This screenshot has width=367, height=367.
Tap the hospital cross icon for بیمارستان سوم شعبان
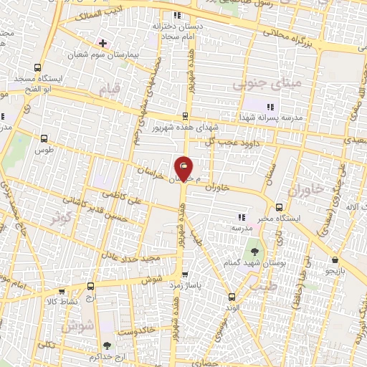[x=104, y=43]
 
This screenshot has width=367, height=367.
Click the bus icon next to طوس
[x=44, y=139]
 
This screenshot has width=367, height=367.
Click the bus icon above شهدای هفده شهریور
[x=185, y=116]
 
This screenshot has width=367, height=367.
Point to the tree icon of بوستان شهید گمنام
[x=254, y=252]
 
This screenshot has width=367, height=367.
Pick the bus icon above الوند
[x=231, y=296]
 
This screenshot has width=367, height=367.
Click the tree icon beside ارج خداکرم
[x=108, y=347]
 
